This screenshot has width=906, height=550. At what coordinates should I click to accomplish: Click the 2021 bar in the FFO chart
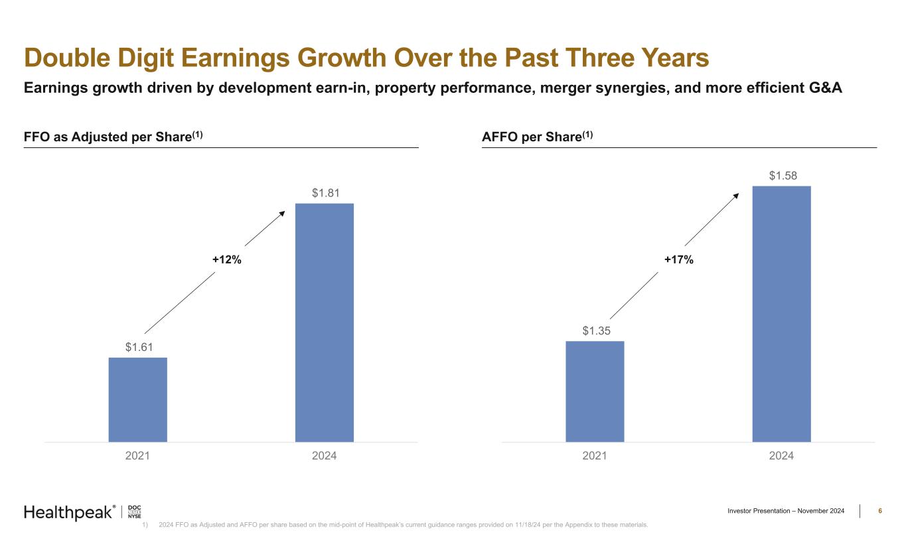pos(137,399)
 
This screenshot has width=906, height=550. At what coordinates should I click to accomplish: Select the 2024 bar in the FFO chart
pos(324,322)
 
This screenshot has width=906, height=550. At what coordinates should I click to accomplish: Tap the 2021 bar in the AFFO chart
pos(595,391)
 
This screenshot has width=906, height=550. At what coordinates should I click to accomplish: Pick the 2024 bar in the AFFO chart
pos(781,314)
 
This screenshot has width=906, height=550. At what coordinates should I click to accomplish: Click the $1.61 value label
pos(137,346)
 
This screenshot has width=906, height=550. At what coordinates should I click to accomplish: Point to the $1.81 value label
pos(325,193)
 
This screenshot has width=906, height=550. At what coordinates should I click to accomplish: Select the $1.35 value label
pos(595,330)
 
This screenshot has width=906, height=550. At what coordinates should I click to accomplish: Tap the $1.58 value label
pos(782,176)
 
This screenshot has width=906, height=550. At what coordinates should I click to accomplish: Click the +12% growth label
pos(226,261)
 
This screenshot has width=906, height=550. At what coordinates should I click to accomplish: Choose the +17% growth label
pos(679,261)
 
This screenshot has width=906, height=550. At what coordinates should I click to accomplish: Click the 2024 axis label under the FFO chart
pos(324,456)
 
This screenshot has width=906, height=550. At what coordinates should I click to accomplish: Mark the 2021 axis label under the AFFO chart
pos(595,456)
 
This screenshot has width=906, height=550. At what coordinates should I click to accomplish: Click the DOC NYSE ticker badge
pos(134,512)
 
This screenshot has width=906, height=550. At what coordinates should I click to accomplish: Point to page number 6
pos(879,511)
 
